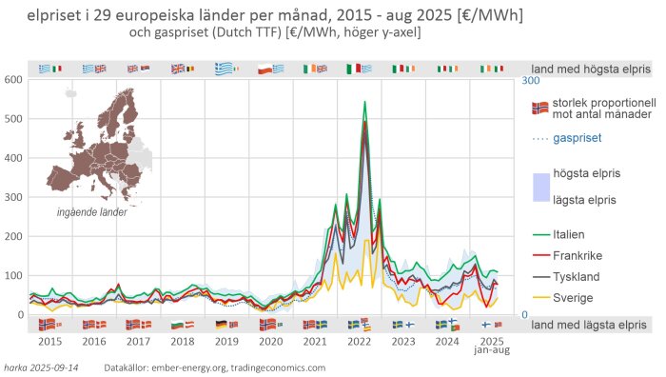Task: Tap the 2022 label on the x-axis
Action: (x=359, y=340)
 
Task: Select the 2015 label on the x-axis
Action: (x=49, y=340)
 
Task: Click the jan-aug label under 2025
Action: (x=492, y=350)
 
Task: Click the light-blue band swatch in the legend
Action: (x=540, y=187)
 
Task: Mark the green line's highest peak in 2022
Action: (x=364, y=102)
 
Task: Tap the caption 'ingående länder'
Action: (x=92, y=212)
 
